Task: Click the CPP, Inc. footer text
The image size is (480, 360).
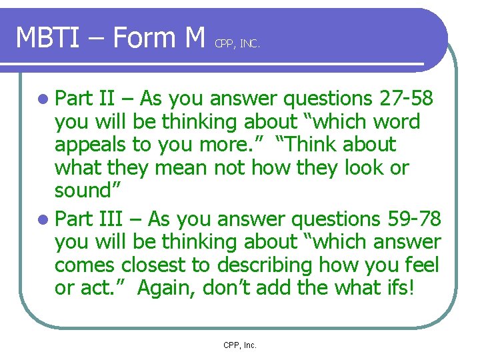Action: click(x=240, y=345)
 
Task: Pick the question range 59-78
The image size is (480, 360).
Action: click(x=409, y=219)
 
